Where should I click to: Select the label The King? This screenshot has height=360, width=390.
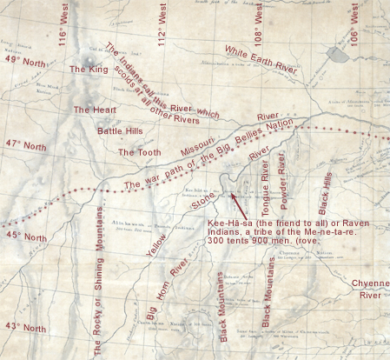tap(90, 69)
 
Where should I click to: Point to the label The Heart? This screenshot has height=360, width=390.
tap(94, 110)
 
